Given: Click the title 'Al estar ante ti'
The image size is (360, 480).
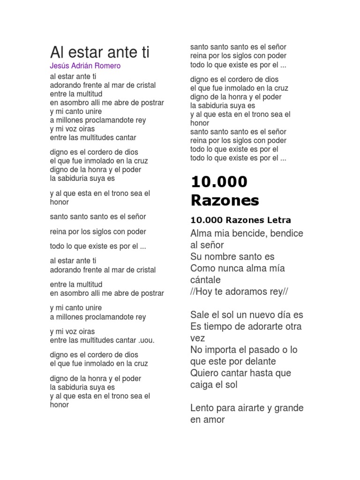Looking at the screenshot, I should (99, 52).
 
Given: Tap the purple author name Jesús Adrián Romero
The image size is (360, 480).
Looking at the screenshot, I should (85, 66).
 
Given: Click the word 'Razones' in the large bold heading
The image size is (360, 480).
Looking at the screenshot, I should (225, 200).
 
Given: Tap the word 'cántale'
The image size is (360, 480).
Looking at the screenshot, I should (205, 280).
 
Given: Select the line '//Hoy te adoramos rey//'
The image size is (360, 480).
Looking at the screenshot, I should (239, 292).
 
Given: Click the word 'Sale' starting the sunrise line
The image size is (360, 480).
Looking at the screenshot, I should (200, 315).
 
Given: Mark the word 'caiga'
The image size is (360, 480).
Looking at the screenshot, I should (202, 385).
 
